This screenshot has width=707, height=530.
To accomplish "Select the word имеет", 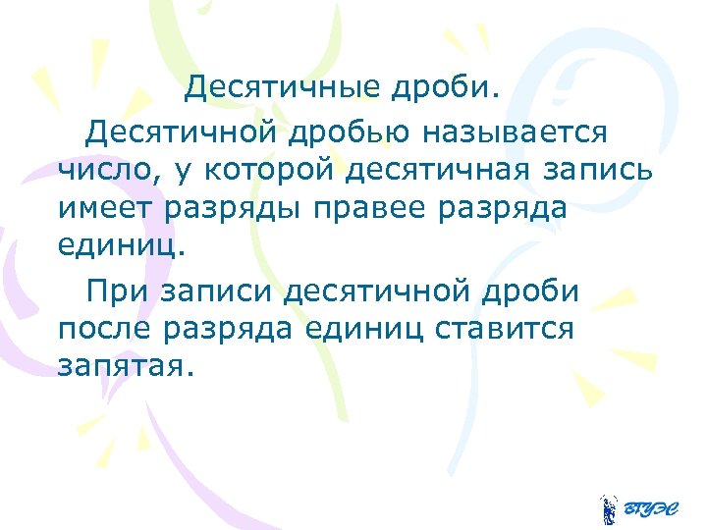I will (x=106, y=209).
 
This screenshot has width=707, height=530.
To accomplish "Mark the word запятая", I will (x=127, y=368).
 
